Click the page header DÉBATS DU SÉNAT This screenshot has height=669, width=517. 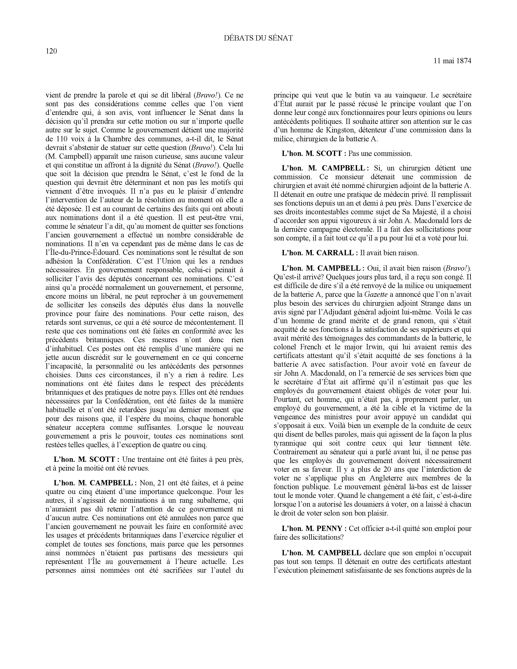(258, 38)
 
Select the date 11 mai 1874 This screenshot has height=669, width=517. (452, 61)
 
